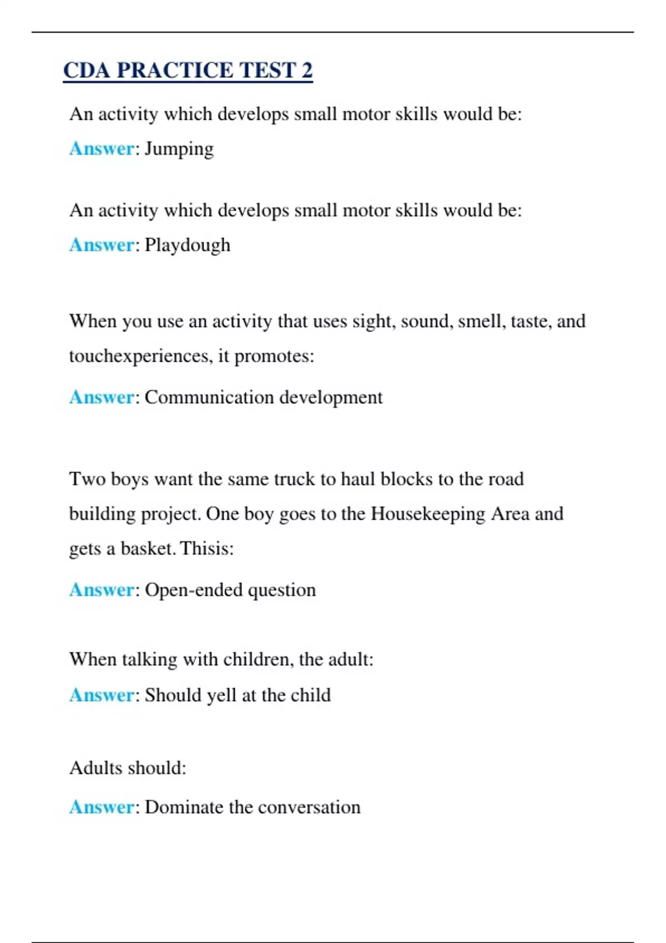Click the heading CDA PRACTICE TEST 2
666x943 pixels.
pyautogui.click(x=188, y=70)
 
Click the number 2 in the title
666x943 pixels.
pyautogui.click(x=307, y=70)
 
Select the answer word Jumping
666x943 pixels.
pyautogui.click(x=179, y=149)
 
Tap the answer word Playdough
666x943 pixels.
pyautogui.click(x=187, y=245)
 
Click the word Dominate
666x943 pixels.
pyautogui.click(x=184, y=807)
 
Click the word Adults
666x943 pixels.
pyautogui.click(x=95, y=768)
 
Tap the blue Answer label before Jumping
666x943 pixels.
pyautogui.click(x=102, y=149)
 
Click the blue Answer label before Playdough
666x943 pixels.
pyautogui.click(x=102, y=245)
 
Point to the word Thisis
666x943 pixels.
pyautogui.click(x=206, y=548)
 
